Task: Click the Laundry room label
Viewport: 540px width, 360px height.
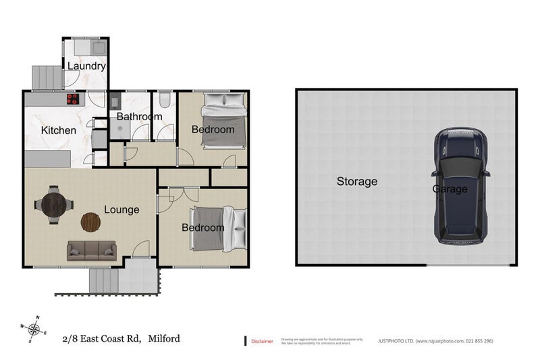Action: pyautogui.click(x=86, y=66)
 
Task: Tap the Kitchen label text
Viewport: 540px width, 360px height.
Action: pyautogui.click(x=59, y=130)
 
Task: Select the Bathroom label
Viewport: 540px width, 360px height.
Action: pyautogui.click(x=140, y=117)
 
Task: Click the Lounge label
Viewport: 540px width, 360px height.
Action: pyautogui.click(x=122, y=209)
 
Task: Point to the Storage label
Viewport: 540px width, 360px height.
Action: pyautogui.click(x=357, y=181)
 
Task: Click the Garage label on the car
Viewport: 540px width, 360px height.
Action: pyautogui.click(x=450, y=189)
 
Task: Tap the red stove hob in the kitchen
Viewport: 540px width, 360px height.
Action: pyautogui.click(x=72, y=99)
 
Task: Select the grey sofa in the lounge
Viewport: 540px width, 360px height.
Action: pyautogui.click(x=91, y=251)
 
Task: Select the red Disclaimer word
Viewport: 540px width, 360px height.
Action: pyautogui.click(x=262, y=341)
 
